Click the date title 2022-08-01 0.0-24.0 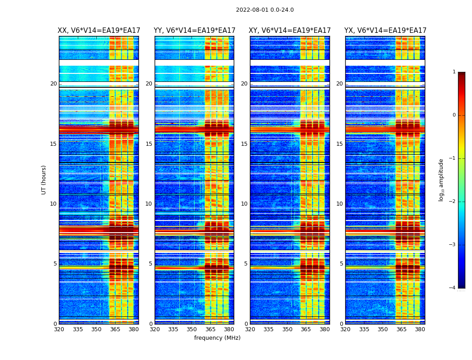point(265,10)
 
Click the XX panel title point(99,31)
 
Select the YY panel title point(194,31)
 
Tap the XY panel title point(289,31)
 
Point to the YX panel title point(385,31)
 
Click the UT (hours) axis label point(44,180)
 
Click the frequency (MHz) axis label point(217,338)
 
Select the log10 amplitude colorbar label point(441,180)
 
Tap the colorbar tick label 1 point(454,72)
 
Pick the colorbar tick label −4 point(453,288)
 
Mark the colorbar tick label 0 point(454,115)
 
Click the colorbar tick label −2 point(453,202)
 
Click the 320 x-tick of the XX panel point(59,329)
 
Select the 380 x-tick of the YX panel point(420,329)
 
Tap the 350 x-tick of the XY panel point(287,329)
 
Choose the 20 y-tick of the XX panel point(53,84)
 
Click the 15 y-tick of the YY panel point(149,144)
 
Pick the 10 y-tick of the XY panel point(244,204)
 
